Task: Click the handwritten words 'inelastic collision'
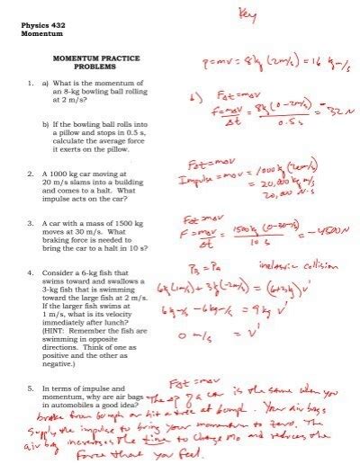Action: pyautogui.click(x=306, y=265)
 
